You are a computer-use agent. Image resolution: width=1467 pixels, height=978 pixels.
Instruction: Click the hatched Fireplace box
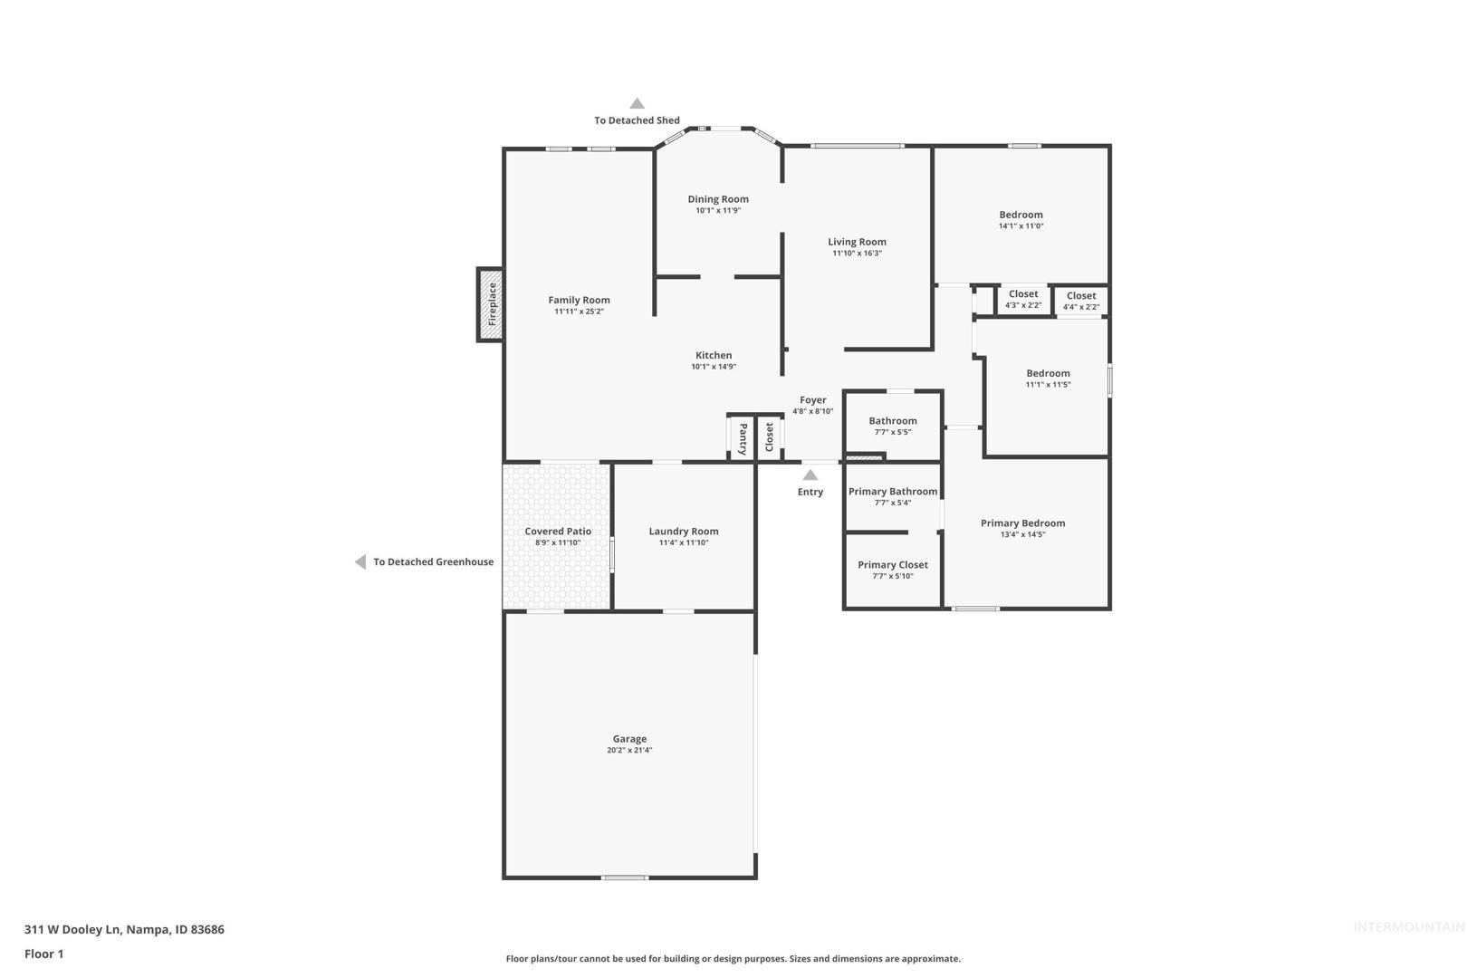(x=490, y=304)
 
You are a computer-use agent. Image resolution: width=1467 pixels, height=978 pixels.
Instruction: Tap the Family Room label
(x=579, y=300)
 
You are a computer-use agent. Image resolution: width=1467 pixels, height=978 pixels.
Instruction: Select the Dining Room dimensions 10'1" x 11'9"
(x=718, y=210)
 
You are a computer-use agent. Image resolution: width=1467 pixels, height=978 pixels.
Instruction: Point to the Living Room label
(x=857, y=242)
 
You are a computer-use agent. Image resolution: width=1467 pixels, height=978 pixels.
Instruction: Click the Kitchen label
(x=714, y=355)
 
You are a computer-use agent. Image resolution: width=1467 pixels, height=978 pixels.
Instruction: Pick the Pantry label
(x=743, y=439)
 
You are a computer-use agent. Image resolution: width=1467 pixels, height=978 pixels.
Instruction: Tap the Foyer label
(x=813, y=400)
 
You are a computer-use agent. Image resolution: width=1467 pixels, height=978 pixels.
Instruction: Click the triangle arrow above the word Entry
(x=810, y=475)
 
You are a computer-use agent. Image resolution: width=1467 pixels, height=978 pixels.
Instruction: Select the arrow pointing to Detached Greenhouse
(x=360, y=561)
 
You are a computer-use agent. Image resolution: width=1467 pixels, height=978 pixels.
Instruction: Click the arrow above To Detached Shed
(x=638, y=103)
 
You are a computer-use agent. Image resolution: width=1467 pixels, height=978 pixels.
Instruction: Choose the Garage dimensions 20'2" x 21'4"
(x=629, y=750)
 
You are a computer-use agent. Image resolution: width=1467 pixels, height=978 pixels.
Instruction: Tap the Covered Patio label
(x=558, y=532)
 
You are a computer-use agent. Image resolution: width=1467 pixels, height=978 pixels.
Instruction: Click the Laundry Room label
(x=684, y=532)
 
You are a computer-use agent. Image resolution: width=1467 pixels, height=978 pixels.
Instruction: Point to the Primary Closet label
(x=893, y=565)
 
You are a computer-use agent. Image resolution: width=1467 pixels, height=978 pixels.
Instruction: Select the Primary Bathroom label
(x=893, y=492)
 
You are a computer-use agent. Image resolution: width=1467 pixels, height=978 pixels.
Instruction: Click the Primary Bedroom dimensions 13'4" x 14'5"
(x=1023, y=534)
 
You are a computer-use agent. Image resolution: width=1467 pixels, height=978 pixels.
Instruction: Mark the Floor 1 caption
(x=43, y=954)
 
